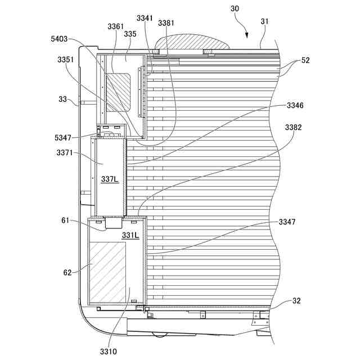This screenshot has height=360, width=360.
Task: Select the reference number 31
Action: [265, 21]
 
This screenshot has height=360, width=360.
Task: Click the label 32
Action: [296, 301]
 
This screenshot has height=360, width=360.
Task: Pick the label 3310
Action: [109, 352]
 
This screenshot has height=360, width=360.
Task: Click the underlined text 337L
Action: [110, 179]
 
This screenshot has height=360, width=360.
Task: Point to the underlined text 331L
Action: [130, 235]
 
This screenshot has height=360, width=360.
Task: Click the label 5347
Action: [65, 137]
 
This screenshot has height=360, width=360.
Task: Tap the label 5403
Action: [59, 39]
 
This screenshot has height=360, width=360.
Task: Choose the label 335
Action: [130, 34]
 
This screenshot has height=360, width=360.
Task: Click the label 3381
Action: [166, 23]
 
